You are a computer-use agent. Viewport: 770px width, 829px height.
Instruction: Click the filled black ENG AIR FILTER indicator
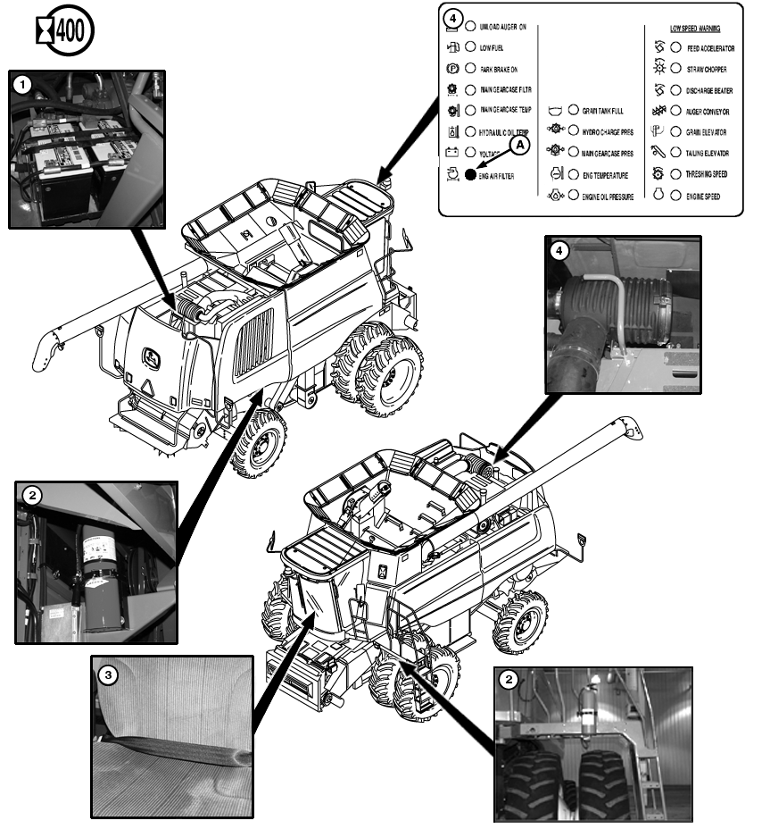tap(470, 176)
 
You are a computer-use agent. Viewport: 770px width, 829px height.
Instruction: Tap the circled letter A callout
tap(520, 142)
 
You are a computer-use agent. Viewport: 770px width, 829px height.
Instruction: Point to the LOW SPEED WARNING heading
tap(695, 29)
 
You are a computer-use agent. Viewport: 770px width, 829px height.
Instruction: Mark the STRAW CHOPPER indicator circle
tap(675, 69)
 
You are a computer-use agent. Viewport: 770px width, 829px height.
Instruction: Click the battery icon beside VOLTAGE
tap(452, 153)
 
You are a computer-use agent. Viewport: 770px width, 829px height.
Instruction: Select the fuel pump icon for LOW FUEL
tap(451, 48)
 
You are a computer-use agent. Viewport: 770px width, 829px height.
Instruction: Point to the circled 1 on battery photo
tap(24, 84)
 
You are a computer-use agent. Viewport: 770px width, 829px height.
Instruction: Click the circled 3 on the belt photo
tap(108, 675)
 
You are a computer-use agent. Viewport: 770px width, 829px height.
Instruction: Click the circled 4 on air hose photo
tap(558, 251)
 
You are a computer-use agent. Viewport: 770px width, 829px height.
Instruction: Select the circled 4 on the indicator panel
tap(453, 18)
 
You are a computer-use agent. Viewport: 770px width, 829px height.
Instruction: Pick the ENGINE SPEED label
tap(704, 196)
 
